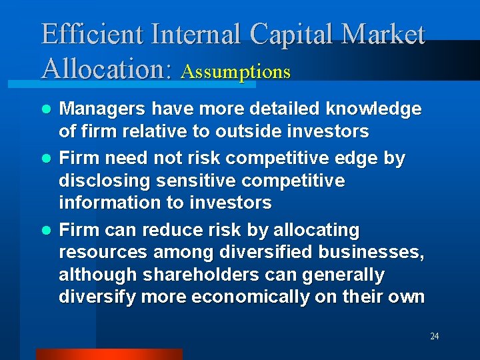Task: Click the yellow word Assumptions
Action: coord(235,71)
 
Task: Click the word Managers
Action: coord(102,109)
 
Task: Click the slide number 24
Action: coord(434,336)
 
